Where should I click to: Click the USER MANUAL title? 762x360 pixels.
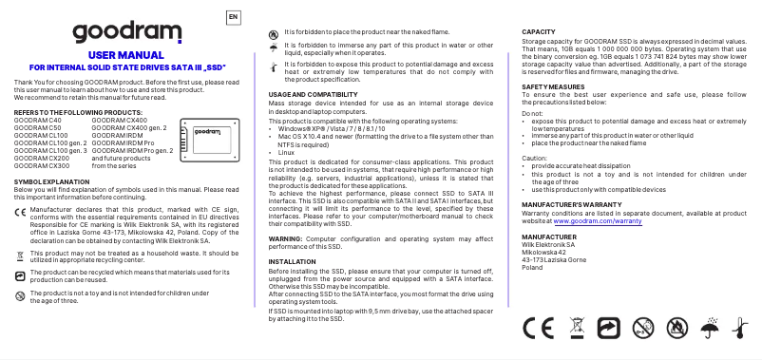pyautogui.click(x=126, y=56)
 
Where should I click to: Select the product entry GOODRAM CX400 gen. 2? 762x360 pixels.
pyautogui.click(x=129, y=128)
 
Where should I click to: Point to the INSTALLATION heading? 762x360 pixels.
pyautogui.click(x=293, y=260)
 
